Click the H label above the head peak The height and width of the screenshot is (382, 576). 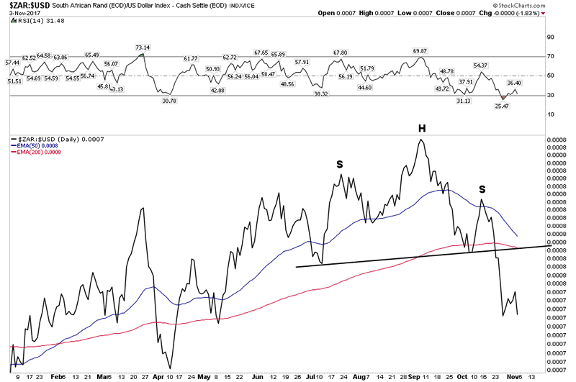point(423,128)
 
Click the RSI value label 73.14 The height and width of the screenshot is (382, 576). point(142,47)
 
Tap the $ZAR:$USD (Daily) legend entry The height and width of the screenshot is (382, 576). point(54,138)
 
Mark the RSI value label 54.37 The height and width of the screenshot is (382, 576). point(481,65)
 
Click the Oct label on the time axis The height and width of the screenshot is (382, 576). point(463,376)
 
